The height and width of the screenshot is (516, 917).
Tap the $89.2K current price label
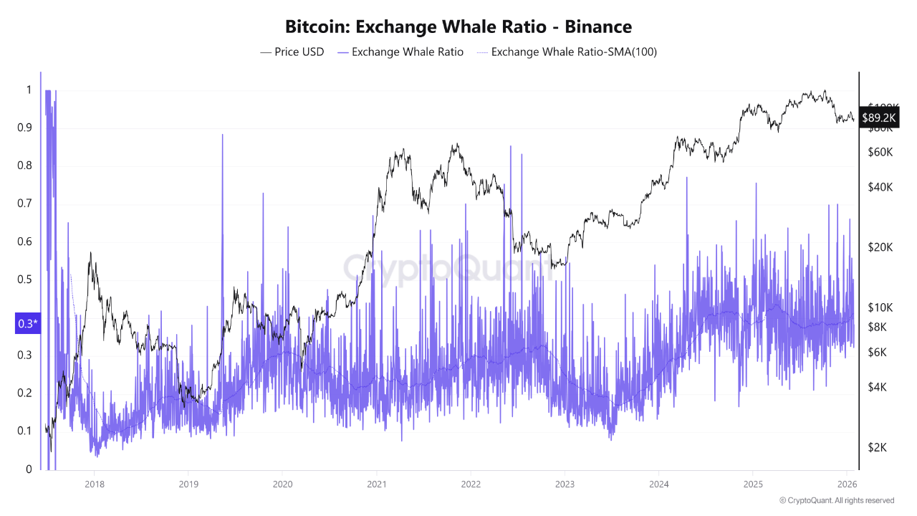pyautogui.click(x=879, y=118)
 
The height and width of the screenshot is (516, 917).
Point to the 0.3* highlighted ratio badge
pyautogui.click(x=28, y=324)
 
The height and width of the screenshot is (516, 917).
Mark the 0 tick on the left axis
pyautogui.click(x=29, y=469)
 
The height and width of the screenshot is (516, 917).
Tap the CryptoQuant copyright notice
pyautogui.click(x=836, y=500)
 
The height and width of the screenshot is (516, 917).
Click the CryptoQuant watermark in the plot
pyautogui.click(x=448, y=268)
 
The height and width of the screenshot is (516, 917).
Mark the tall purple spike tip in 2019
pyautogui.click(x=222, y=135)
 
